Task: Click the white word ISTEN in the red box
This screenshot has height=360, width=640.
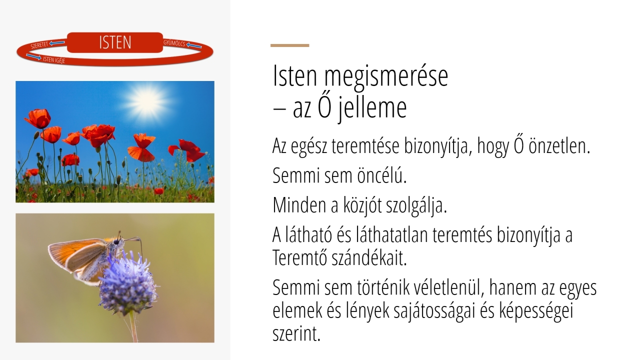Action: click(115, 42)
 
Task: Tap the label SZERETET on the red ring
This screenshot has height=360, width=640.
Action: click(39, 45)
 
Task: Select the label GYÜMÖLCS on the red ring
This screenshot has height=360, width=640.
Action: click(174, 43)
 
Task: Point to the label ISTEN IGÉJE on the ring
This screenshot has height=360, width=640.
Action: click(54, 60)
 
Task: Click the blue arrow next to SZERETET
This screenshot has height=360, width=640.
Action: click(57, 43)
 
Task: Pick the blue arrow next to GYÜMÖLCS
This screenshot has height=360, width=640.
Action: click(194, 45)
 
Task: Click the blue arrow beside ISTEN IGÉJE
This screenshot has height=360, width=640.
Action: click(33, 56)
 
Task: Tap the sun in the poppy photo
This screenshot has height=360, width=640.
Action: click(147, 101)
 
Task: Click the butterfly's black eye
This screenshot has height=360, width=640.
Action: click(116, 242)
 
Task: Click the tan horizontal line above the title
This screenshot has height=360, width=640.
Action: click(289, 45)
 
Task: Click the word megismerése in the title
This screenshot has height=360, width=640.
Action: click(386, 75)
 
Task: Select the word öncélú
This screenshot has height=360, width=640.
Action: click(381, 175)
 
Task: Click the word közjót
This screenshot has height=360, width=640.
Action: click(362, 205)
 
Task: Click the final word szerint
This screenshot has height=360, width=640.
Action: click(296, 333)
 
